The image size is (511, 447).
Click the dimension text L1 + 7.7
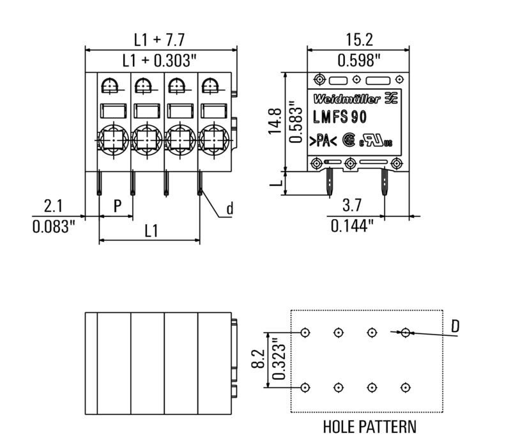(x=159, y=40)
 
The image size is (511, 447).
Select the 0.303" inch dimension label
(x=175, y=61)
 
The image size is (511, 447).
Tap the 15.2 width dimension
(x=359, y=40)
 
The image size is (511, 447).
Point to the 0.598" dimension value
(x=359, y=61)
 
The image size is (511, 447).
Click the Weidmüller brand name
(x=347, y=99)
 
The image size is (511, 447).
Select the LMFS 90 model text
(x=340, y=117)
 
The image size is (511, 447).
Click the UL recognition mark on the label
(x=376, y=141)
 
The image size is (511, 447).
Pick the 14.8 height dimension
(x=275, y=121)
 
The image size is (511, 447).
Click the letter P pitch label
(x=118, y=206)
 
